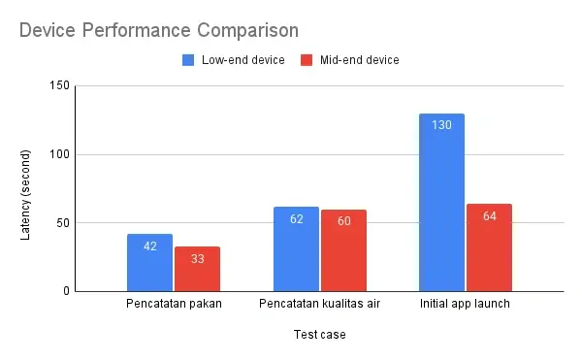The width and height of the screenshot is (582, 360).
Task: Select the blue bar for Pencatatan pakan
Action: (149, 263)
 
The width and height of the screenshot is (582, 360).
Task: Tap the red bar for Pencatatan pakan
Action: (197, 269)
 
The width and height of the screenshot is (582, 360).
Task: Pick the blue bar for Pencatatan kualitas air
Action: (296, 249)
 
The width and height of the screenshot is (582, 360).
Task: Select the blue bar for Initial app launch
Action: (441, 203)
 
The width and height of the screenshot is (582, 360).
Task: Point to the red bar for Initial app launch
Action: (489, 247)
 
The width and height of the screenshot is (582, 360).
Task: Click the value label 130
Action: (441, 125)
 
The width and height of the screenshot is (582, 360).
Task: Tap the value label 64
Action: (489, 215)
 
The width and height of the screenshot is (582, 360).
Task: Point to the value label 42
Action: (149, 245)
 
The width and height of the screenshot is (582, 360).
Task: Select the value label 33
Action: (197, 258)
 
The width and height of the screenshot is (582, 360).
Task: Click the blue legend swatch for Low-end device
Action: (189, 60)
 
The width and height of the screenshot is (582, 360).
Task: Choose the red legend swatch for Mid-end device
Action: (305, 60)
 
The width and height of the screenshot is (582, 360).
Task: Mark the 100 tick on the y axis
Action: (60, 154)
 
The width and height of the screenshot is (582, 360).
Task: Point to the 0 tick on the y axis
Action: (66, 291)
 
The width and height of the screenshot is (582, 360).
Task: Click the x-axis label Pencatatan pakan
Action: (174, 305)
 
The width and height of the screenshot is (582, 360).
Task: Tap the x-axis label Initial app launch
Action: (466, 305)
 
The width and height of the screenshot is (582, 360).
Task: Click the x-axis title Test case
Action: (319, 336)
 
